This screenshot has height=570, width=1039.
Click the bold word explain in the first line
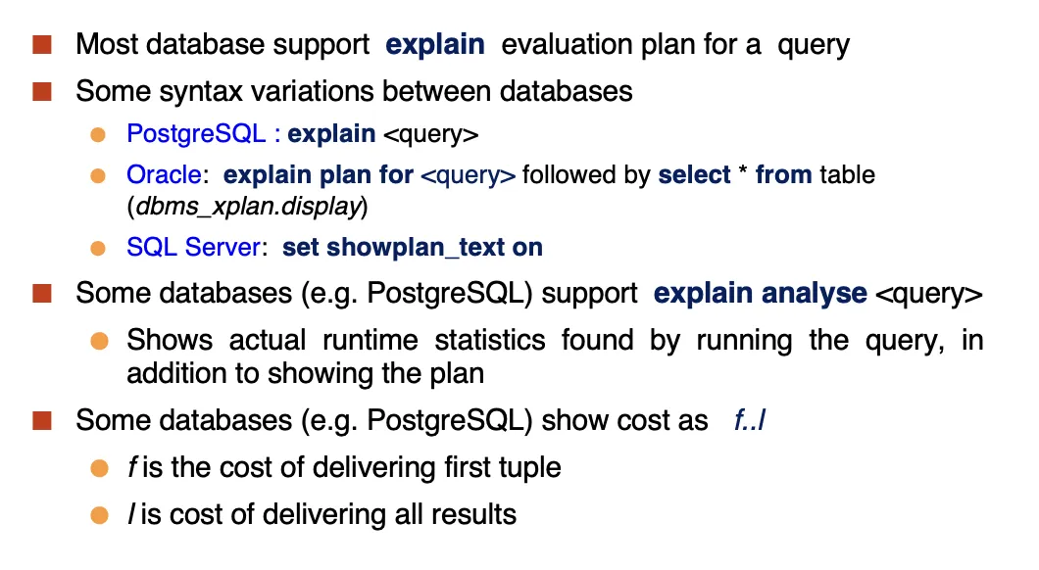coord(434,45)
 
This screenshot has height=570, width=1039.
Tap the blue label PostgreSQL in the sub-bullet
coord(196,134)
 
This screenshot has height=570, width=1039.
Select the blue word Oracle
coord(164,174)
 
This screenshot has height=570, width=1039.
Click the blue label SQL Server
coord(193,247)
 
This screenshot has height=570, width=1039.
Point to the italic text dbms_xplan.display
coord(248,207)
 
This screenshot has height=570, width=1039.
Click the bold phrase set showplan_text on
coord(412,247)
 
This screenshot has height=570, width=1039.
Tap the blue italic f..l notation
coord(750,420)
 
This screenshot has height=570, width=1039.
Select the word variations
coord(312,91)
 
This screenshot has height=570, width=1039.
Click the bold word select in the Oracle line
coord(694,174)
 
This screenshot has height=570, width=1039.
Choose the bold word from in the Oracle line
coord(783,174)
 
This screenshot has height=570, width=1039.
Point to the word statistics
coord(490,340)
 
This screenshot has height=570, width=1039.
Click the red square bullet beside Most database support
coord(42,44)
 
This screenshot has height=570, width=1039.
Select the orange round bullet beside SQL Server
coord(98,248)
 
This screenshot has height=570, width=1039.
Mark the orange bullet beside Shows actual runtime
coord(99,341)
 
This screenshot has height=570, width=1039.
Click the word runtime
coord(370,340)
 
